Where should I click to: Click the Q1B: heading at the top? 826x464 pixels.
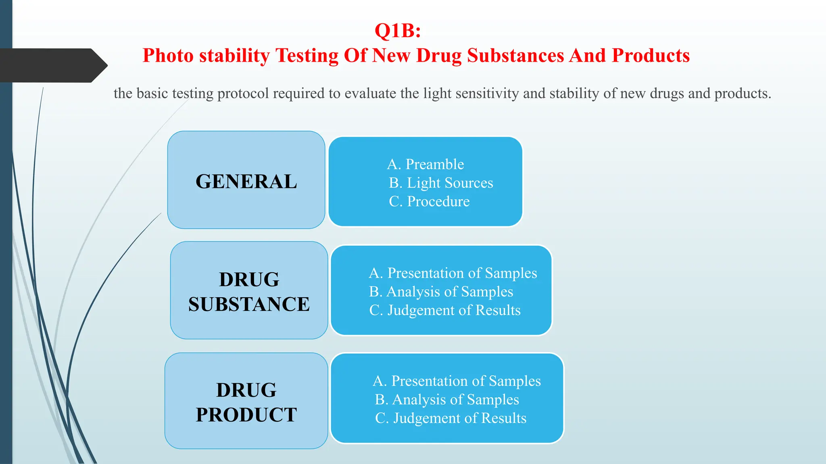(x=398, y=31)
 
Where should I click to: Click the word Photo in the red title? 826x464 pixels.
(x=167, y=56)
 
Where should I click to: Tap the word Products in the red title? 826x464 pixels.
(x=651, y=56)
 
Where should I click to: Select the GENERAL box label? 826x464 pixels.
(x=246, y=181)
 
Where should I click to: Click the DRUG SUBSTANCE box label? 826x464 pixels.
(x=249, y=292)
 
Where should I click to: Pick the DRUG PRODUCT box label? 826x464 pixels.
(x=246, y=402)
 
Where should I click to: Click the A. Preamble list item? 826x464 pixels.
(x=426, y=164)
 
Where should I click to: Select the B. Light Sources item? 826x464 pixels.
(x=441, y=183)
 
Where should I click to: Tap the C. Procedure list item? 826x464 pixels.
(x=429, y=201)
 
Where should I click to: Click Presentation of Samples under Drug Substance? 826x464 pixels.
(x=453, y=273)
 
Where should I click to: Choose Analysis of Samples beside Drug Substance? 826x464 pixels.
(x=441, y=292)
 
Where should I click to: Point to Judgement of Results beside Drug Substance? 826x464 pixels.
(x=445, y=310)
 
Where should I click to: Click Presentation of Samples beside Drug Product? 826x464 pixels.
(x=457, y=381)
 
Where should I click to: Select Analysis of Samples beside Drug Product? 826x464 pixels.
(x=447, y=400)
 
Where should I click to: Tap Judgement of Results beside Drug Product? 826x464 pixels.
(x=451, y=418)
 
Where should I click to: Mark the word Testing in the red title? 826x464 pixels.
(x=307, y=56)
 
